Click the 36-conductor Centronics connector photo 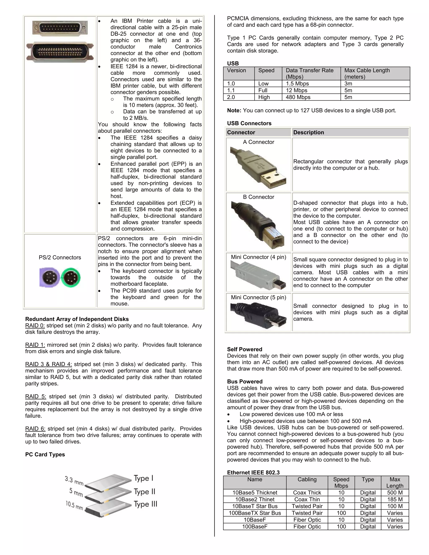pos(60,52)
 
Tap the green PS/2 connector pos(71,277)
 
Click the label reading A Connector pos(258,142)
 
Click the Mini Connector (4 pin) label pos(258,257)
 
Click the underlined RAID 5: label pos(36,396)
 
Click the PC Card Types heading pos(45,454)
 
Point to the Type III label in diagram pos(145,504)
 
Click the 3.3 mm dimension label pos(74,480)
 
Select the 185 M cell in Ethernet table pos(395,499)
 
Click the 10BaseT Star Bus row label pos(255,506)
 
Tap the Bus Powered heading pos(244,381)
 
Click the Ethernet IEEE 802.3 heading pos(253,472)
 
